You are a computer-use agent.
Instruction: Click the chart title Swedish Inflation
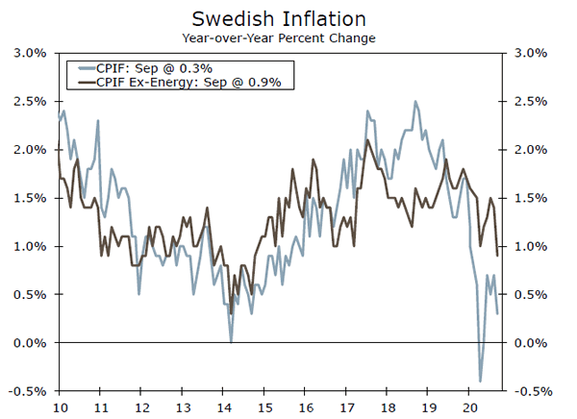click(279, 17)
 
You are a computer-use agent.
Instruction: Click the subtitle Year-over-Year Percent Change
click(279, 38)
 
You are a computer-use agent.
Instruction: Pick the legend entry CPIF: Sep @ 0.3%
click(154, 68)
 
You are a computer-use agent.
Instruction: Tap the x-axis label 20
click(469, 407)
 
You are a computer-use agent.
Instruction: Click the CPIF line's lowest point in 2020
click(480, 382)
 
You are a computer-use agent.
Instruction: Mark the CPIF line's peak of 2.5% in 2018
click(415, 101)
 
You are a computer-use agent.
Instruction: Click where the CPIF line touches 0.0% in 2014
click(231, 341)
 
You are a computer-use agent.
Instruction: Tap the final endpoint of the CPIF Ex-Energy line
click(497, 256)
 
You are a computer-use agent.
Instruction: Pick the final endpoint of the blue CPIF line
click(497, 314)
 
